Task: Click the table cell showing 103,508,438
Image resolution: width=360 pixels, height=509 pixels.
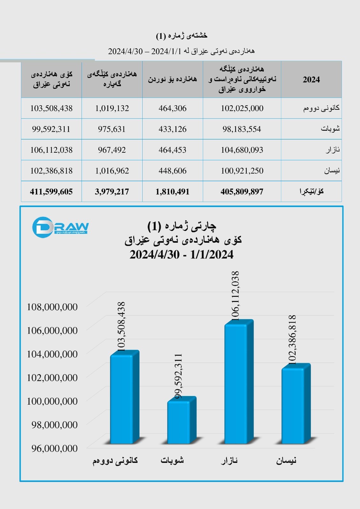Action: coord(51,108)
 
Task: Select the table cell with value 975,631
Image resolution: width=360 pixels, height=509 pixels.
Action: coord(112,129)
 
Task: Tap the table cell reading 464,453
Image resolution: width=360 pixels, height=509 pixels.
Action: coord(173,150)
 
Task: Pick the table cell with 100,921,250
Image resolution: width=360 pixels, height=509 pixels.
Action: coord(242,171)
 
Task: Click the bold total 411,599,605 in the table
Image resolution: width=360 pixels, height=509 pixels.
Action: coord(51,192)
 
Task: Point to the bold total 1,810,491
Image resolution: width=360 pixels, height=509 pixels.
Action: coord(173,192)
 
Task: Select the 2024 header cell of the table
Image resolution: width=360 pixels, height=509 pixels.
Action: coord(311,80)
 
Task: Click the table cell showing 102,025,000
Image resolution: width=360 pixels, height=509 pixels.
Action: coord(242,108)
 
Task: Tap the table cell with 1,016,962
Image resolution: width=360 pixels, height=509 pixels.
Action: coord(112,171)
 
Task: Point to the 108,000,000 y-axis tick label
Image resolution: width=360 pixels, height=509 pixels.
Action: coord(52,307)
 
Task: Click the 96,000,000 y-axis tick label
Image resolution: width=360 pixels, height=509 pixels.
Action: coord(54,448)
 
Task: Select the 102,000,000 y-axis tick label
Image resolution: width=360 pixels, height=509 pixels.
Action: coord(52,378)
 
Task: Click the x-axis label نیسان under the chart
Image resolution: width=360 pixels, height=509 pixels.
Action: coord(286,460)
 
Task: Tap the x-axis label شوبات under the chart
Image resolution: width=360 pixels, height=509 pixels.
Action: coord(172,460)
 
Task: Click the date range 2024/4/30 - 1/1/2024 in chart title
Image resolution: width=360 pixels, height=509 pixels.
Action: coord(181,255)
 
